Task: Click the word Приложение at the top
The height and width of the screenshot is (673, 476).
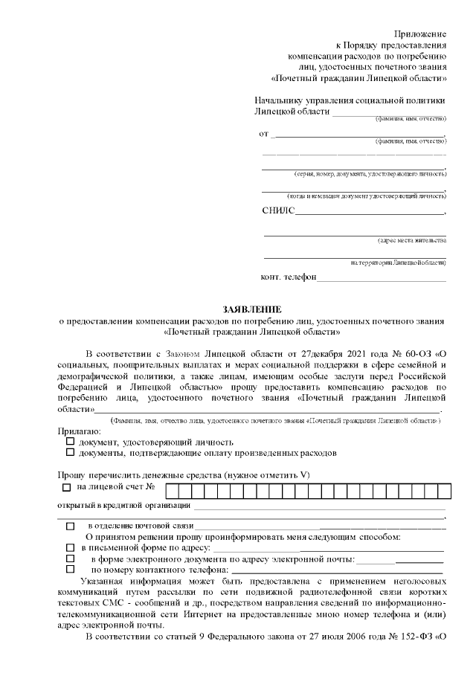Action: point(420,34)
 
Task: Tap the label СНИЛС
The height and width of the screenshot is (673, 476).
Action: point(278,211)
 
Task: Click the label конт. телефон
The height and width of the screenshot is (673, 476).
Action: point(289,277)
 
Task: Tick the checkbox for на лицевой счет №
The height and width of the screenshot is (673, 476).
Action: point(66,488)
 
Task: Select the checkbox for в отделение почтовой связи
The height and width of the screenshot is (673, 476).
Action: point(71,526)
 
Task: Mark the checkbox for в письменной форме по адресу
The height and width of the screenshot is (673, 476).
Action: point(71,547)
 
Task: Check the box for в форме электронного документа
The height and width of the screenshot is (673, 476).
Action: point(71,558)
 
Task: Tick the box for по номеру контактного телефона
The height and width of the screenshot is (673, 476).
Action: point(71,570)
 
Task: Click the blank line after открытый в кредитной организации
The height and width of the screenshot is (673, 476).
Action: point(320,506)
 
